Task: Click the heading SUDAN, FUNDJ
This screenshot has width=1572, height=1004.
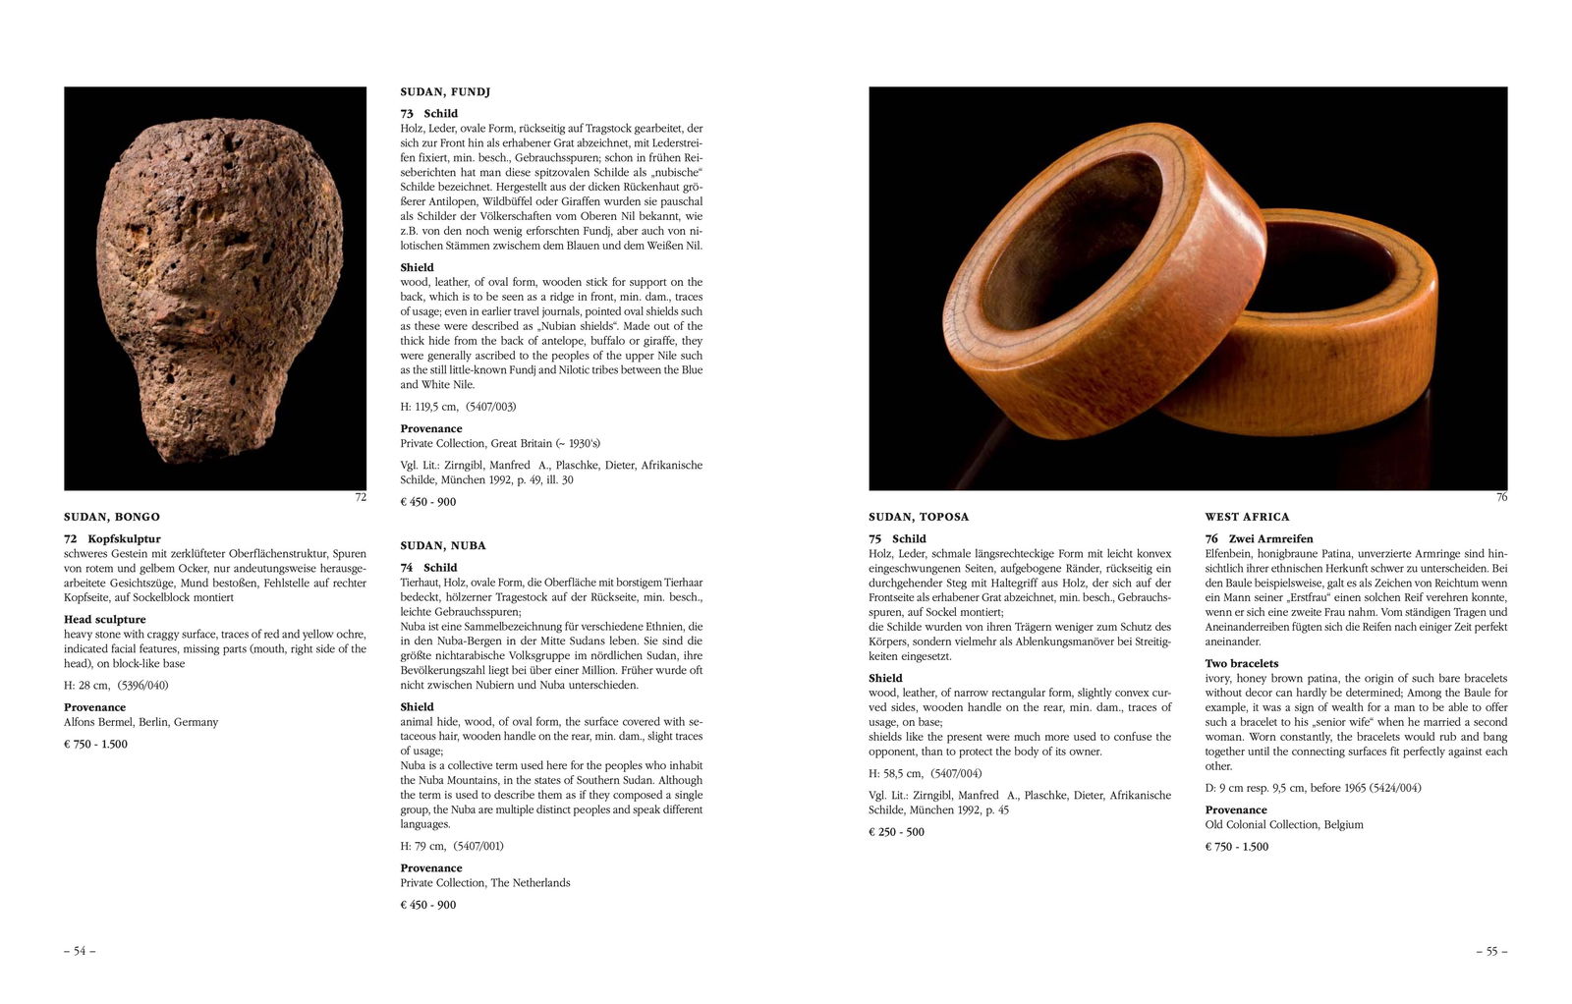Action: pos(445,91)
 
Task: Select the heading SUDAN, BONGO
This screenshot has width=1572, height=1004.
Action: pos(112,517)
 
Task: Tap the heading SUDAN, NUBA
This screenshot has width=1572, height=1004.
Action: pos(443,545)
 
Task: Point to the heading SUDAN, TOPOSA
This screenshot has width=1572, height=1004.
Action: pos(919,517)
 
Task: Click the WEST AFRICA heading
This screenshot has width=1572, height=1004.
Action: pos(1247,517)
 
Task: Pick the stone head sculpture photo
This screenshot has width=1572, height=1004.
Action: pos(215,288)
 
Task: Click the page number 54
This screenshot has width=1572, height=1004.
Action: pos(80,951)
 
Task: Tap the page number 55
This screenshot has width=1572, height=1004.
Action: pos(1490,951)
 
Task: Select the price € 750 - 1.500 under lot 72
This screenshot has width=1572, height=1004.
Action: pos(96,744)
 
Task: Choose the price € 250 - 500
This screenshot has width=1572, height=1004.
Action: pos(896,832)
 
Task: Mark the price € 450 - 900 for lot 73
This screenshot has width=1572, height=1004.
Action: pos(428,502)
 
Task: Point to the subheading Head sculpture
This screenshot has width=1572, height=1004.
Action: pos(105,620)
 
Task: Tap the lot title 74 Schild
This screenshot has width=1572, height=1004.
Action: pos(428,568)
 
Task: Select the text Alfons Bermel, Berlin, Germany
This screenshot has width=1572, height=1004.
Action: pos(141,722)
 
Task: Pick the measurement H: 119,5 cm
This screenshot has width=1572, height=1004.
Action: pos(429,407)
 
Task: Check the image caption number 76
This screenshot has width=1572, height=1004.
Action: pos(1501,498)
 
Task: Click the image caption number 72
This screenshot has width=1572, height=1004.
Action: pos(361,498)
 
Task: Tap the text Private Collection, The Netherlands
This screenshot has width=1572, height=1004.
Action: pos(485,883)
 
